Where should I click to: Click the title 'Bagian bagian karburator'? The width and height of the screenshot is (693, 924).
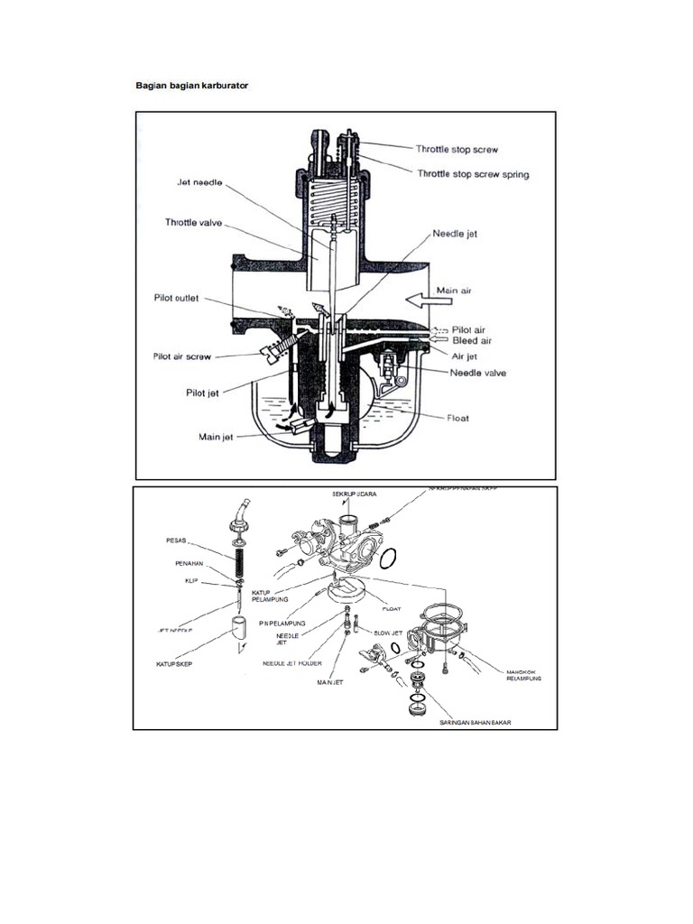191,85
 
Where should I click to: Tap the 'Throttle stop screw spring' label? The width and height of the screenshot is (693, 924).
472,174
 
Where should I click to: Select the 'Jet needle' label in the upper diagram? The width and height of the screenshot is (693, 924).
199,182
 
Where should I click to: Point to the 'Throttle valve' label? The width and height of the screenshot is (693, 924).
192,221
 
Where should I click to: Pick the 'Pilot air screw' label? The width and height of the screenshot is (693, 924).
181,356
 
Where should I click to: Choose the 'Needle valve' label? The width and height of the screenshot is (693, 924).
477,373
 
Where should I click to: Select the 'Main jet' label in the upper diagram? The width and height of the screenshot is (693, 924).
217,437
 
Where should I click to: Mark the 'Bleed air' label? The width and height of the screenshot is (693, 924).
471,341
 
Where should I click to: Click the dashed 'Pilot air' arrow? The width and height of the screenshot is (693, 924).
440,329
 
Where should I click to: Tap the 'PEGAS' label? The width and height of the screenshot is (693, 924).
176,541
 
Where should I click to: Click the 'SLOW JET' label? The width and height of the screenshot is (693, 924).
388,633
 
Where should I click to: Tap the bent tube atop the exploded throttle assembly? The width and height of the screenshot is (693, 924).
239,512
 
